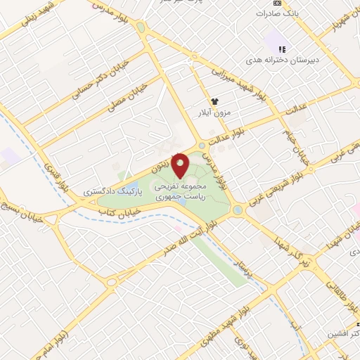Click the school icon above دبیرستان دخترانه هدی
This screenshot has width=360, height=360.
pos(281,49)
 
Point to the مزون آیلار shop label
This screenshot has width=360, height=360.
pos(216,112)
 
